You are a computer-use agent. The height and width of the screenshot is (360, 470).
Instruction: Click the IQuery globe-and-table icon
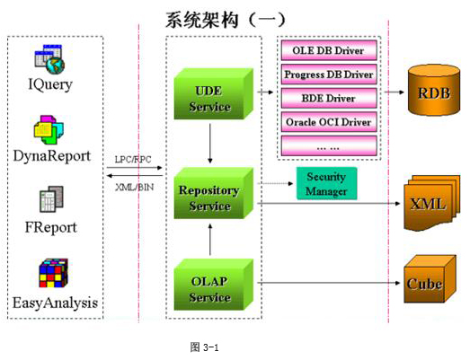49,59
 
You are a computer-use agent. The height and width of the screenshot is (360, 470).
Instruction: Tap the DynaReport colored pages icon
49,130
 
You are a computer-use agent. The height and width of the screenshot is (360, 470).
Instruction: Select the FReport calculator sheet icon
51,199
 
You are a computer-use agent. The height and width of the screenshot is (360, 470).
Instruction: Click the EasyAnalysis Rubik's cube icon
54,273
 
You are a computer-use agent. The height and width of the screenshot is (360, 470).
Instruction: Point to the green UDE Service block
213,94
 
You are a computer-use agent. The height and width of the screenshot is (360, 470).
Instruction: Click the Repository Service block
213,193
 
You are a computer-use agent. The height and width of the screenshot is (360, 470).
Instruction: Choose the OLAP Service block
213,285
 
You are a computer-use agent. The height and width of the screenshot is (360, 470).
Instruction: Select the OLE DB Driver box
329,50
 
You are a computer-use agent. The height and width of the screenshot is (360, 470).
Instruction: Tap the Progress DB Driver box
329,75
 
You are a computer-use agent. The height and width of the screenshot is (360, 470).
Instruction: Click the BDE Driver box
329,98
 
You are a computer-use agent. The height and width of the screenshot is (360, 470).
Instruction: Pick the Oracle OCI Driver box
329,122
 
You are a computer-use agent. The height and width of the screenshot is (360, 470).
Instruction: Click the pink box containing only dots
329,145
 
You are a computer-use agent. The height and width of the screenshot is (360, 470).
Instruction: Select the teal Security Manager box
326,183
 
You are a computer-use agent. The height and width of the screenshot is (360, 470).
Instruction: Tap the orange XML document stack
432,203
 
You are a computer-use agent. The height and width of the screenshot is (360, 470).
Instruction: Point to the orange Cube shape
430,279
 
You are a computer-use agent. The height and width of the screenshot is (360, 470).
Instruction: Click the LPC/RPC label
133,159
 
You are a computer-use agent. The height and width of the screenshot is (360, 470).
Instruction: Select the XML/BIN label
135,188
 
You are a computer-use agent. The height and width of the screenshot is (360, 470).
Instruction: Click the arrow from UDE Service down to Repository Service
209,144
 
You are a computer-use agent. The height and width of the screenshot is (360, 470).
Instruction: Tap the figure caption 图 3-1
204,347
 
